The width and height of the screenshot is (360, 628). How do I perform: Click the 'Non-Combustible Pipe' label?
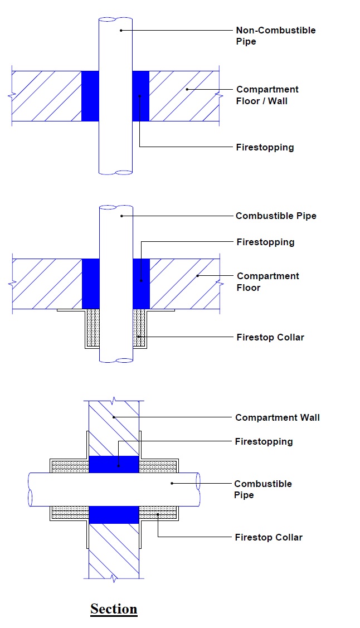coord(275,36)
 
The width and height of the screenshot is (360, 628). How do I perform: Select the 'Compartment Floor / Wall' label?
coord(267,95)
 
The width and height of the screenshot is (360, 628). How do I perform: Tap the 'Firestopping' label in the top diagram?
coord(265,148)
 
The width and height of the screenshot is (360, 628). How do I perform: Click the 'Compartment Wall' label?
coord(277,417)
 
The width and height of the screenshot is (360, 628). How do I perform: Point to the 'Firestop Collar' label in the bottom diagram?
coord(269,537)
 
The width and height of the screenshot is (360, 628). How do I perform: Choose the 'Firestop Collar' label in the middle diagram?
coord(270,337)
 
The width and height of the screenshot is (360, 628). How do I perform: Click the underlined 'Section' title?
coord(114,608)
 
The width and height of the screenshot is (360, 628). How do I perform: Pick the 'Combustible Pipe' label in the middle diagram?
coord(276,216)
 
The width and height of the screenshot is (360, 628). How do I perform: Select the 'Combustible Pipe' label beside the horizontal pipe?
coord(262,489)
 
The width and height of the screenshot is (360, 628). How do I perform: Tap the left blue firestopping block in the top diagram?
coord(90,96)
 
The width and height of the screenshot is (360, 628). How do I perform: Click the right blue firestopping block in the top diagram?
coord(140,96)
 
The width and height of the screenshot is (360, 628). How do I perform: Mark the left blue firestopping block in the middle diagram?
coord(90,283)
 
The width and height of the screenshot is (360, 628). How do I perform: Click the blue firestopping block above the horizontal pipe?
coord(114,464)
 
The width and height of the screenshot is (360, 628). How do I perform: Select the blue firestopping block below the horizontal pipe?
coord(114,514)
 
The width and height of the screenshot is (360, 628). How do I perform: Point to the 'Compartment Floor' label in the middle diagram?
coord(267,282)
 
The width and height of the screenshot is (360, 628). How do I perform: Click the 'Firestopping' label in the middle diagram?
coord(265,242)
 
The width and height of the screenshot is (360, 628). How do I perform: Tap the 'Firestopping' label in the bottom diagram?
coord(264,441)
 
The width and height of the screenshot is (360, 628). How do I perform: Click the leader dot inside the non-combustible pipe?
coord(120,30)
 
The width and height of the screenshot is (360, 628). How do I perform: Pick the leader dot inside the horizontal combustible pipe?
coord(172,483)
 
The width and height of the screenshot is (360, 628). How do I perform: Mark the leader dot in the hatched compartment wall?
coord(113,417)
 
